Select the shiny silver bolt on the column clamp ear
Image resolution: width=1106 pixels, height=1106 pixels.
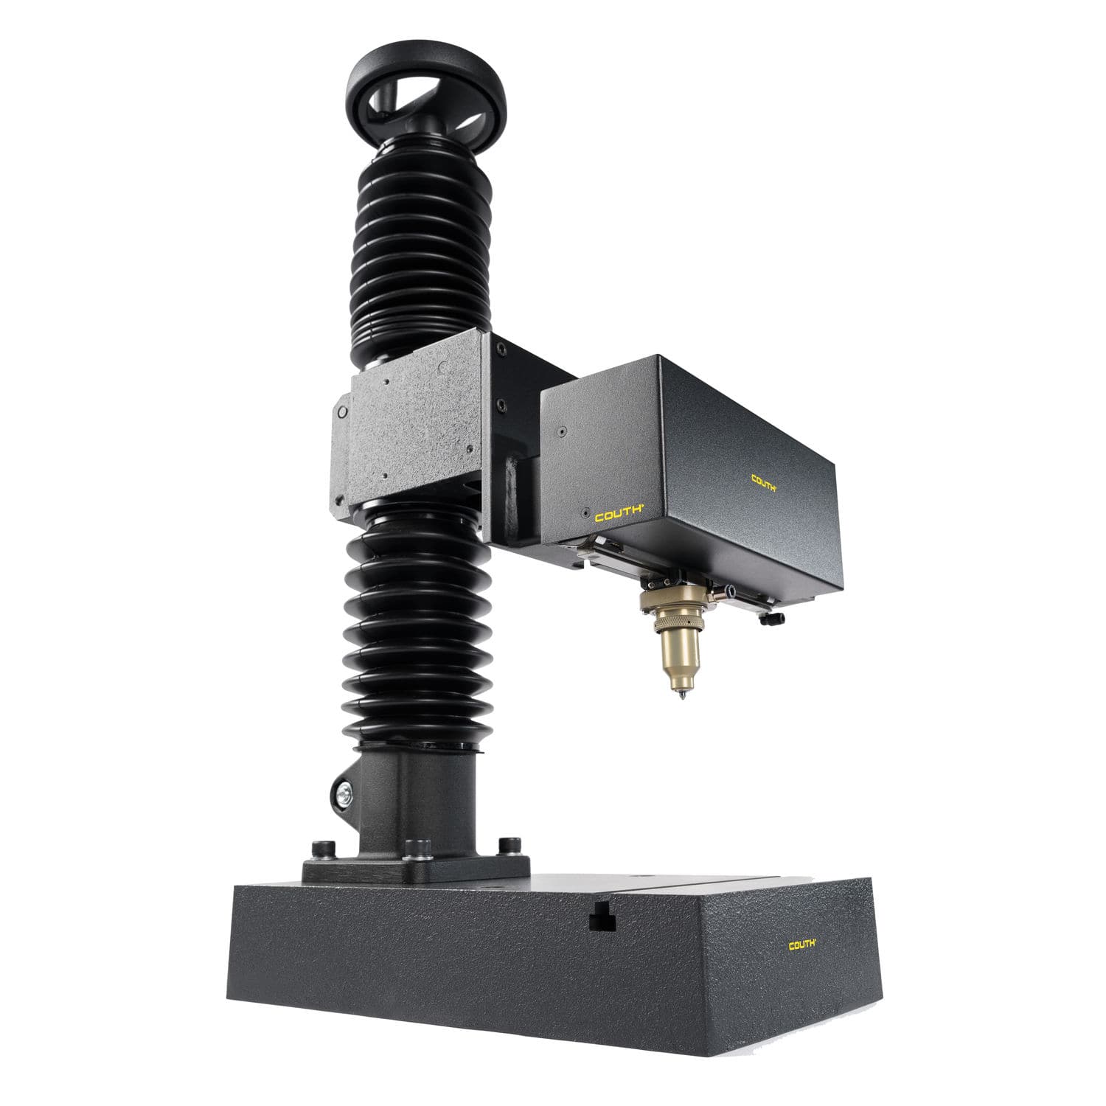(343, 795)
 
